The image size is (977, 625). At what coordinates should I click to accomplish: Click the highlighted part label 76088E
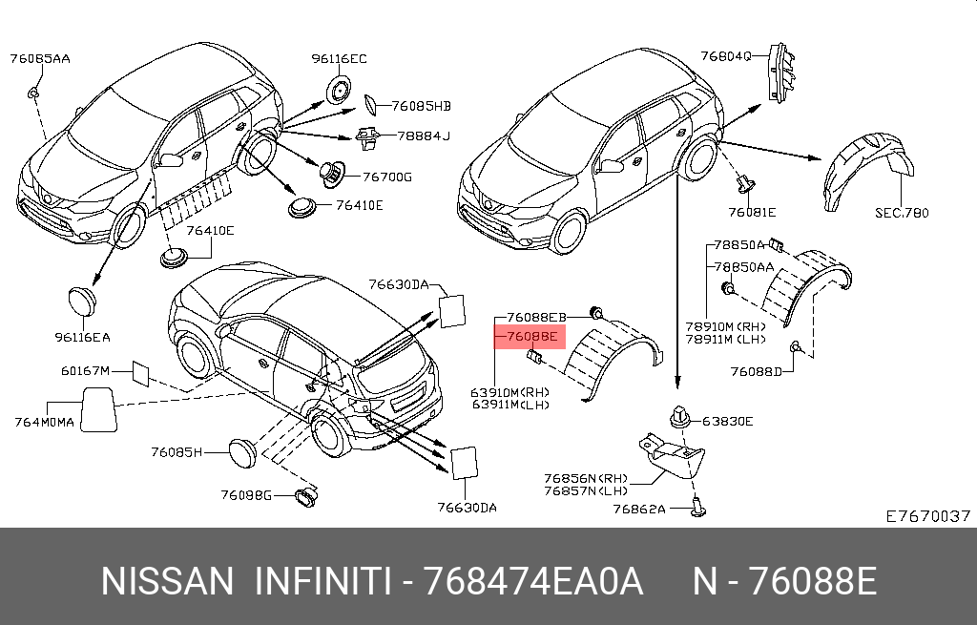[x=531, y=337]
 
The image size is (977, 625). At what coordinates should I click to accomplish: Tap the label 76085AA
[x=40, y=58]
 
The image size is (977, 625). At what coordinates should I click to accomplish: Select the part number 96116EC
[x=339, y=58]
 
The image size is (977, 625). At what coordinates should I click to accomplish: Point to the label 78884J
[x=424, y=135]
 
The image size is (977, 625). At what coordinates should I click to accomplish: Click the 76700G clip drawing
[x=332, y=173]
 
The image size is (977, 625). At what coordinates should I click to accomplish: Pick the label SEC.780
[x=902, y=213]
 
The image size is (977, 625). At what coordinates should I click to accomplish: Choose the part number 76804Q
[x=726, y=56]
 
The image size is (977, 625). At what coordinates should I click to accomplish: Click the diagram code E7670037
[x=928, y=516]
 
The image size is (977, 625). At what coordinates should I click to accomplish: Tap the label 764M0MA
[x=44, y=422]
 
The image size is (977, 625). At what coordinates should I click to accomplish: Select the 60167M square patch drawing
[x=140, y=373]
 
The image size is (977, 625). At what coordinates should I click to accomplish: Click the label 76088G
[x=246, y=495]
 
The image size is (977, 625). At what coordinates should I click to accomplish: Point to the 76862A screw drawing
[x=697, y=507]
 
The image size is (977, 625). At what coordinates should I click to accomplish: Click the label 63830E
[x=728, y=421]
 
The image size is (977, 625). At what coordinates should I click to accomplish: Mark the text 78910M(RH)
[x=725, y=326]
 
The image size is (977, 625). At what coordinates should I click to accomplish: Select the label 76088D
[x=756, y=372]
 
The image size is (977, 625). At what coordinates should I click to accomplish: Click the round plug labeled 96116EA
[x=82, y=301]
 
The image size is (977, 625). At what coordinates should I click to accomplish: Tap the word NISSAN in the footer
[x=167, y=581]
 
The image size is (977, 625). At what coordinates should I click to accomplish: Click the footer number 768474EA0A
[x=532, y=581]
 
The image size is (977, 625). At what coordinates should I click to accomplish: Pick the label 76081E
[x=752, y=213]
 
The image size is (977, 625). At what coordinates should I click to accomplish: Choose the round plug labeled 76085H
[x=242, y=453]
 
